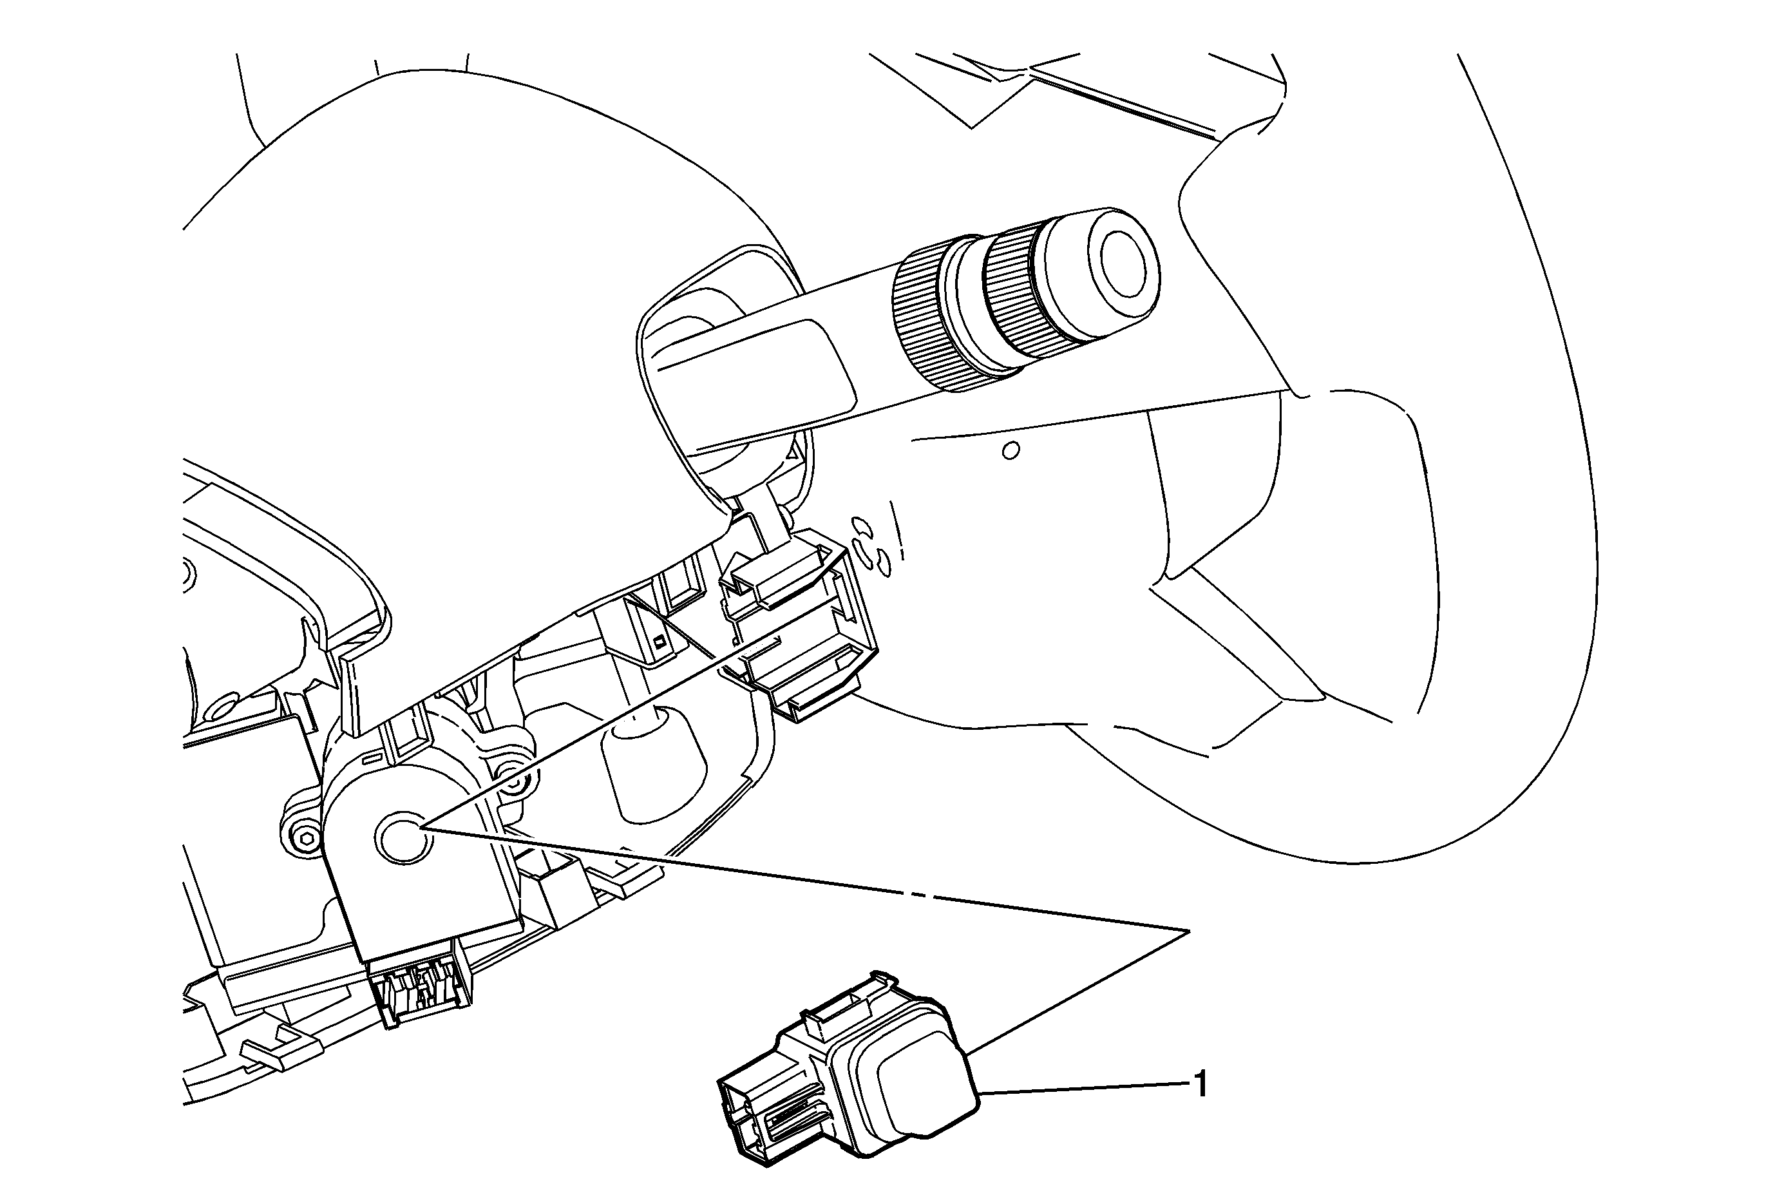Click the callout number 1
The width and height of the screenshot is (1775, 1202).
[1201, 1084]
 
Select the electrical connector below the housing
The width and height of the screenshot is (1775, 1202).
[419, 993]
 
